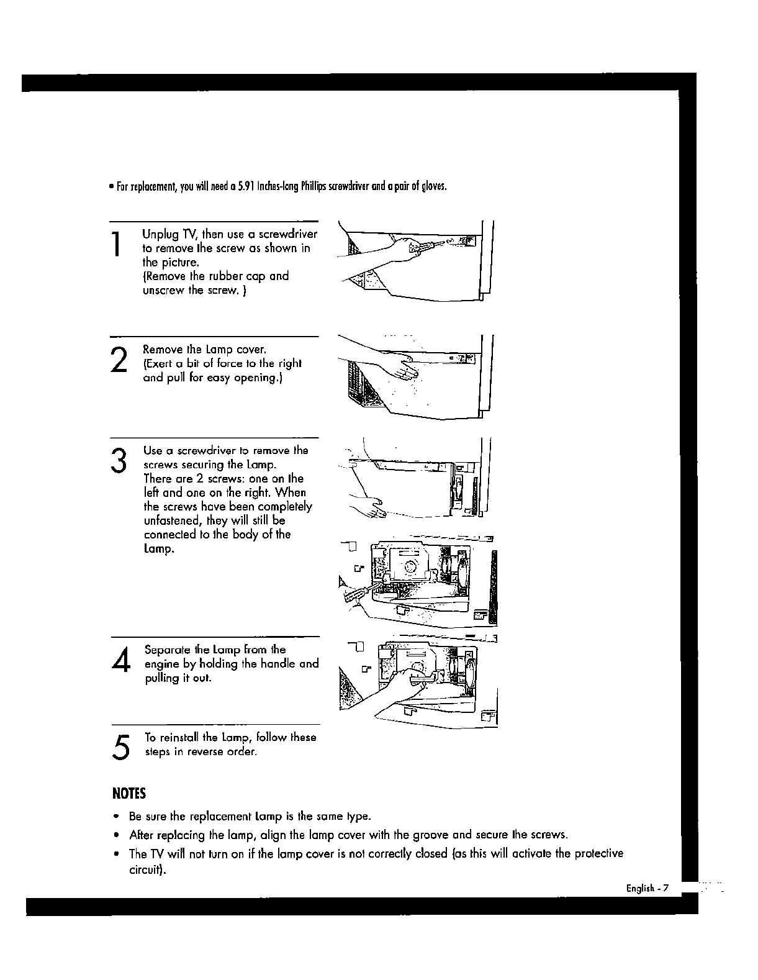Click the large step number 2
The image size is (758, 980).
118,360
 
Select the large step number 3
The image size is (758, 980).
118,460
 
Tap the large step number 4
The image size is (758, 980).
122,660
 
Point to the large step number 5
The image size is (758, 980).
122,745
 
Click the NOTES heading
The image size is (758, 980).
129,794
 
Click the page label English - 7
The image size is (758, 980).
646,888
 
